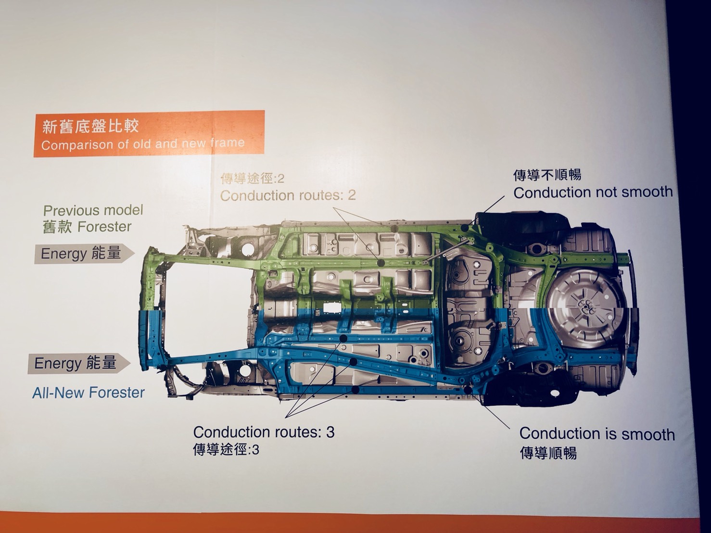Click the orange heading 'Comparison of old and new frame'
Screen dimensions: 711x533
click(x=143, y=143)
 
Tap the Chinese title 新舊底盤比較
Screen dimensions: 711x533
click(x=91, y=126)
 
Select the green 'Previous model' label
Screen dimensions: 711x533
click(x=93, y=211)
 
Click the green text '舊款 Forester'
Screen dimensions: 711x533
click(x=87, y=227)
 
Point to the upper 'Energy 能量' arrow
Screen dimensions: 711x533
click(x=84, y=253)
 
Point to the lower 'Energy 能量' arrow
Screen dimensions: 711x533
click(x=79, y=363)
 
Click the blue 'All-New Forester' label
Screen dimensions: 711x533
click(x=89, y=393)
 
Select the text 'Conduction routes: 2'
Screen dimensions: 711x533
click(x=288, y=196)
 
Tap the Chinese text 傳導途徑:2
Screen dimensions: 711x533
click(x=253, y=178)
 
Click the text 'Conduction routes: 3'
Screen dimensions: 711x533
click(x=264, y=432)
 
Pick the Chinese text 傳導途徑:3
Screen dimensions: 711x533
click(x=226, y=450)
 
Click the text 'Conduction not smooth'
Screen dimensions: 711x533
click(x=593, y=192)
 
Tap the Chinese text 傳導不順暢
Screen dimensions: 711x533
click(x=547, y=175)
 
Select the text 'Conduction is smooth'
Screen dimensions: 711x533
click(x=597, y=434)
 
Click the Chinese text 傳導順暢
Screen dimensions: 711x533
click(x=548, y=452)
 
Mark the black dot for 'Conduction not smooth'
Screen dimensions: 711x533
click(x=465, y=228)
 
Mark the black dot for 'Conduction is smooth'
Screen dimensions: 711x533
click(x=468, y=390)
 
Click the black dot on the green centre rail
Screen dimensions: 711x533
click(x=381, y=263)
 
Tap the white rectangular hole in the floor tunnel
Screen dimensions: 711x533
click(x=332, y=307)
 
